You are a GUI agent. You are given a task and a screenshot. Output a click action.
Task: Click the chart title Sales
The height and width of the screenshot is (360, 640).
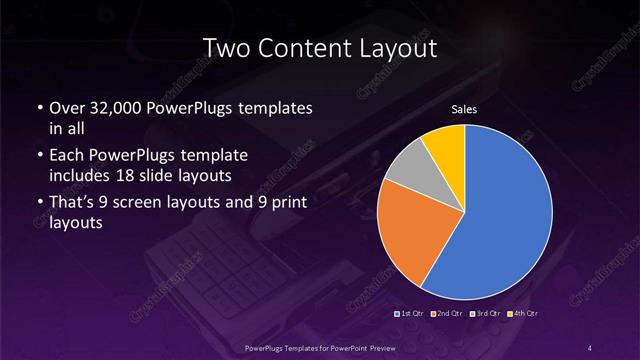465,109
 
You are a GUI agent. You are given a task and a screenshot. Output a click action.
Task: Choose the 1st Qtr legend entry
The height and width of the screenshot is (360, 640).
412,313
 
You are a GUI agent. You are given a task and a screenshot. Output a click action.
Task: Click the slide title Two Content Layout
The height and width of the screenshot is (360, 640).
320,47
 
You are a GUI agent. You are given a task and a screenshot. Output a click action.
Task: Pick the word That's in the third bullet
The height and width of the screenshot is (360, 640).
72,204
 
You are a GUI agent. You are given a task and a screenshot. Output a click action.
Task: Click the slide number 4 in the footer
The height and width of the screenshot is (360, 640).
591,347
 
